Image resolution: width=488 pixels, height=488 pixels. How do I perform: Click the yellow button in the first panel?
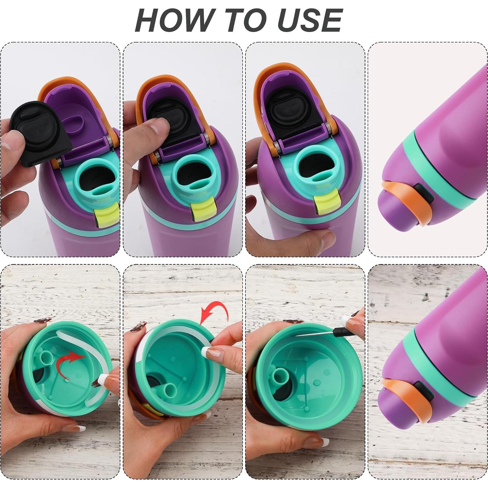107,216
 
